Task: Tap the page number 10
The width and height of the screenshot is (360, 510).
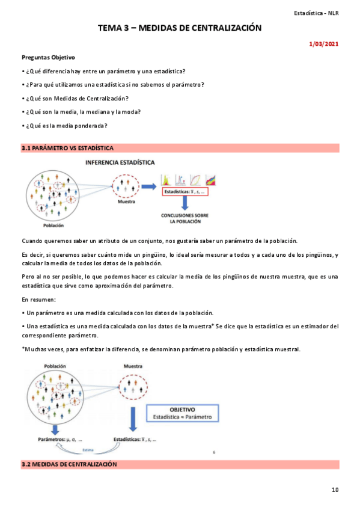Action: pos(335,490)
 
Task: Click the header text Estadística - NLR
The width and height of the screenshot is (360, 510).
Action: pos(316,13)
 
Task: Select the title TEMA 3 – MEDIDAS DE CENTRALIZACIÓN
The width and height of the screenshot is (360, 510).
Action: pos(180,28)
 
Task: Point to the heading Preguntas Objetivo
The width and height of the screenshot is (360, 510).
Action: pos(48,58)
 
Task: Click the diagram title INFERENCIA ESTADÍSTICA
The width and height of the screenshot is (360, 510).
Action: pos(120,162)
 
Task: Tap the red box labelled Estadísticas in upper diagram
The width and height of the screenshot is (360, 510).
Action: pos(188,191)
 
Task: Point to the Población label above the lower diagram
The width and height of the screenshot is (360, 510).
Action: pos(54,366)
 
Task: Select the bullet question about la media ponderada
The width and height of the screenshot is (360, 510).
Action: pos(64,125)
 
